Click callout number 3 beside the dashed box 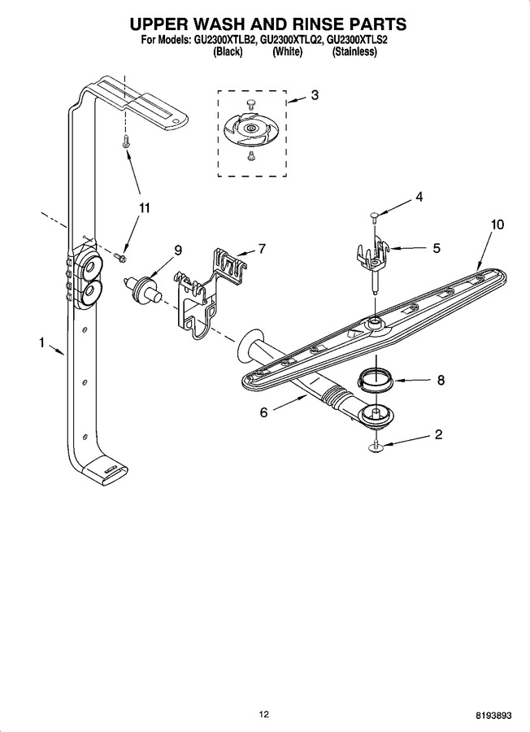315,95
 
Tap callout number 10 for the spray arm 497,224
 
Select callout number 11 145,207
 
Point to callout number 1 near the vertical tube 41,343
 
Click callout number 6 264,412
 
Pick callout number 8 441,380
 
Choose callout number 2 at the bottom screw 438,434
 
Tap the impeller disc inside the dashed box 251,127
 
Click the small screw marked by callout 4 375,216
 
